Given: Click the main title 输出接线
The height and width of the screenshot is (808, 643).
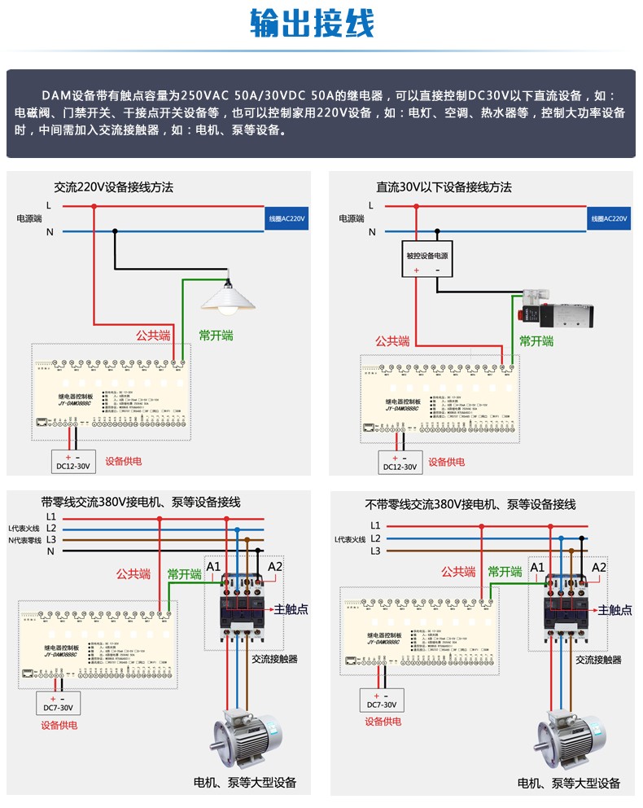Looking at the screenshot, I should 313,24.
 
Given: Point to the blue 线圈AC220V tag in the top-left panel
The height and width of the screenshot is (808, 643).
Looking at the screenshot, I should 287,219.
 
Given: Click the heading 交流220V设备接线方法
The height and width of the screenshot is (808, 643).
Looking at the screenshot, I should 114,187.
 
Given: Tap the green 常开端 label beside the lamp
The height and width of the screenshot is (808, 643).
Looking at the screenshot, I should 216,335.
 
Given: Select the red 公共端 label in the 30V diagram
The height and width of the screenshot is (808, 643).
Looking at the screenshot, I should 392,341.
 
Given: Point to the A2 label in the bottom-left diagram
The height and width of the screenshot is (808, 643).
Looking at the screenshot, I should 275,566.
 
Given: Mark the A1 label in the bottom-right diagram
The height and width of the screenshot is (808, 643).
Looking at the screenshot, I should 537,567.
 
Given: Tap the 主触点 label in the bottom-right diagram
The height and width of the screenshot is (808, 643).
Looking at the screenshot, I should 615,608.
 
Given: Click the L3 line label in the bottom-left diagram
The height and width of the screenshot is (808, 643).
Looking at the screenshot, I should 50,539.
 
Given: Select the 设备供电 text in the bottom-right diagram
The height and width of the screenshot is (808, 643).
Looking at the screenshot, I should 383,721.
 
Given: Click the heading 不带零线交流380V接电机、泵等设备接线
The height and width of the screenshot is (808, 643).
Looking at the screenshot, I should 470,505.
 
